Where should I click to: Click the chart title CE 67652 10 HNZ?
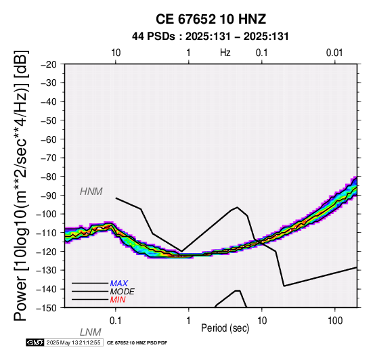coord(211,19)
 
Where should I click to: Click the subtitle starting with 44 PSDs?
coord(211,37)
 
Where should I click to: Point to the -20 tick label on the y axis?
coord(49,64)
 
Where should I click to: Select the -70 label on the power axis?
coord(49,158)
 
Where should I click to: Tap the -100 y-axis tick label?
coord(47,214)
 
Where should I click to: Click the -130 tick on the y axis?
coord(47,270)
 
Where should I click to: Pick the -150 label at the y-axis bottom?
coord(47,308)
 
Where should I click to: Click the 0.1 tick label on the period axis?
coord(115,321)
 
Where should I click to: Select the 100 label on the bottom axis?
coord(335,321)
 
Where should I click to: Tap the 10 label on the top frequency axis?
coord(116,53)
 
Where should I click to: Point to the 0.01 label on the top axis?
coord(334,53)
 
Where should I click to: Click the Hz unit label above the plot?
coord(225,53)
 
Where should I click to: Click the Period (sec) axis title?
coord(225,328)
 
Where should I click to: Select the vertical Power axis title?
coord(20,185)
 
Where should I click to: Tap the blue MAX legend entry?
coord(119,284)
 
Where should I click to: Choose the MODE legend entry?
coord(123,292)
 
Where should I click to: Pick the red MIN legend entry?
coord(118,300)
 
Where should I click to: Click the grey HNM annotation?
coord(91,192)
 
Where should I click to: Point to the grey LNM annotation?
coord(90,332)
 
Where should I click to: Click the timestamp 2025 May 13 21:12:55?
coord(73,342)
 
